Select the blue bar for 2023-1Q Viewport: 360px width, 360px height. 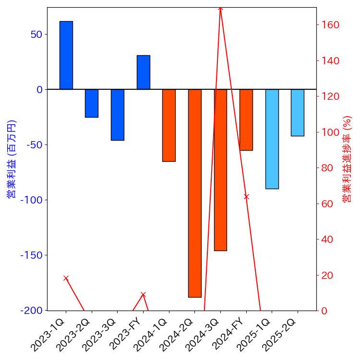tap(66, 55)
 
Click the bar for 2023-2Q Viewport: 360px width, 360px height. tap(92, 103)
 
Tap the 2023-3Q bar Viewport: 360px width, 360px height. tap(118, 115)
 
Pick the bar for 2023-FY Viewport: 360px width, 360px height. tap(143, 72)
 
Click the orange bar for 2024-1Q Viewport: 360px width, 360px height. tap(169, 125)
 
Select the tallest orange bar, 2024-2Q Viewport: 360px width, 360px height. tap(194, 193)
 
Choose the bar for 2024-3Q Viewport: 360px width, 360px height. tap(220, 170)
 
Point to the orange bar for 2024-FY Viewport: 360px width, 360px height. tap(246, 120)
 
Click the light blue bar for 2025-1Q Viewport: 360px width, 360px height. tap(272, 139)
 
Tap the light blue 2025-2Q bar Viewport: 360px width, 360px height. tap(298, 112)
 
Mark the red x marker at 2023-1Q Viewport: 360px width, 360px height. tap(66, 278)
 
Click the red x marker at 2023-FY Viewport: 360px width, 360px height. tap(143, 294)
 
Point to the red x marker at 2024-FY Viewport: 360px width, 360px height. tap(246, 196)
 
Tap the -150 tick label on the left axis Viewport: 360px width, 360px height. tap(31, 255)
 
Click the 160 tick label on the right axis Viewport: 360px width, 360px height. tap(330, 25)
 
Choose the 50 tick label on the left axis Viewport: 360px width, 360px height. tap(36, 35)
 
